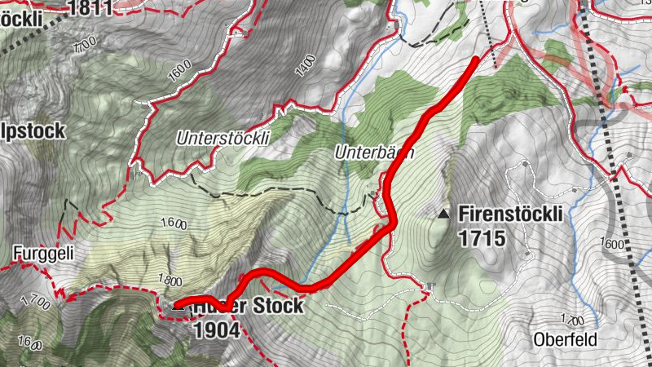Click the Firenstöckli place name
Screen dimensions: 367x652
click(511, 214)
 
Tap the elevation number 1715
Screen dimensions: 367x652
click(482, 238)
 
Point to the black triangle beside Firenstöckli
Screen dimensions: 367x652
click(443, 214)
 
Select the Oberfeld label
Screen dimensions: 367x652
click(566, 339)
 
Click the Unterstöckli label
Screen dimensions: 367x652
click(222, 139)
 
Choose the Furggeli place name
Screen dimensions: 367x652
click(43, 254)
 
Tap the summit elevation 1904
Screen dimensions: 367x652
click(217, 329)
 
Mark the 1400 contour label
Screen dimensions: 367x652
click(305, 65)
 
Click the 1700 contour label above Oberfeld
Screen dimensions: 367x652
click(572, 321)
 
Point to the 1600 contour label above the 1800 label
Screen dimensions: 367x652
click(174, 223)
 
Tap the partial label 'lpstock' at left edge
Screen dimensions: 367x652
click(33, 130)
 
